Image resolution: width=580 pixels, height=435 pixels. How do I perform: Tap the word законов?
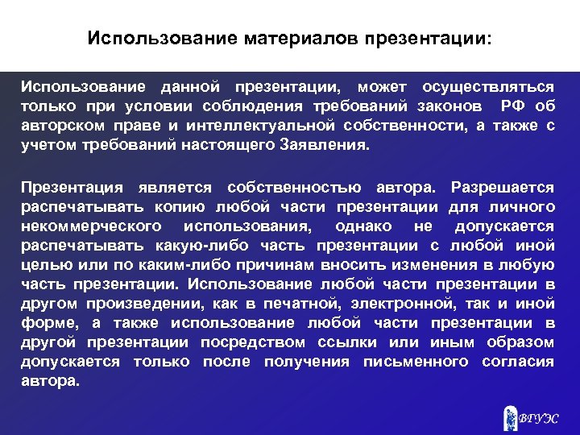click(x=449, y=106)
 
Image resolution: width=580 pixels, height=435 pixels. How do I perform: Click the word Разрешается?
click(x=503, y=188)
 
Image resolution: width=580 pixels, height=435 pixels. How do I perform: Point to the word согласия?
click(x=518, y=362)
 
